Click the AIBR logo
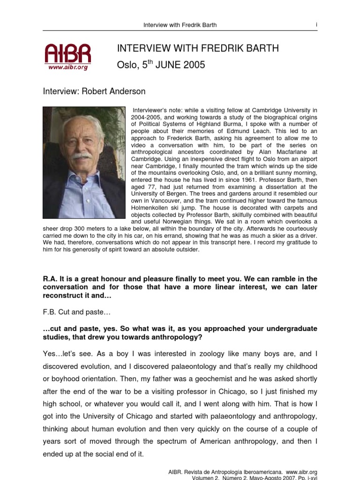67,53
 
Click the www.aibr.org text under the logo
68,67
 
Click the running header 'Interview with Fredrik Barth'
180,25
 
